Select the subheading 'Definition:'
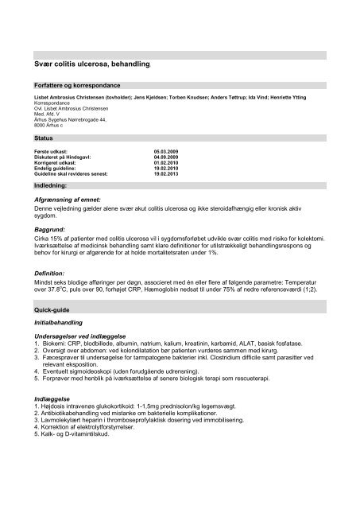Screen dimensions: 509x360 (x=46, y=271)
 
